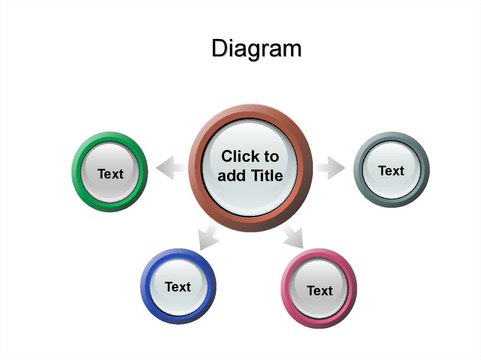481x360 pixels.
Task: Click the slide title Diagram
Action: click(x=257, y=48)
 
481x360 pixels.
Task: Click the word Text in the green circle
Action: click(x=110, y=174)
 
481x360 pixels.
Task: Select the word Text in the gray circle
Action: click(x=391, y=171)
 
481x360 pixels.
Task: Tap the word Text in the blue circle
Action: click(x=178, y=287)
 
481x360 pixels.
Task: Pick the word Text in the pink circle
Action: click(x=319, y=291)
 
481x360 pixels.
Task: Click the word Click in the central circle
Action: click(x=240, y=156)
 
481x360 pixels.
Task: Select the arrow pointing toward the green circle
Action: click(x=171, y=168)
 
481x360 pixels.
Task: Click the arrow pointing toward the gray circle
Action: click(x=329, y=168)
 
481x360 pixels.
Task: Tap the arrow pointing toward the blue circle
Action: click(x=208, y=237)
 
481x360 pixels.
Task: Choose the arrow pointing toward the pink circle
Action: click(x=293, y=236)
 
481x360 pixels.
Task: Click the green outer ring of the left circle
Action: click(x=77, y=172)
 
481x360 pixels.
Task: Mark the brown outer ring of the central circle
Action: click(x=195, y=168)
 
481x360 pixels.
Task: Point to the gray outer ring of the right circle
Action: click(x=358, y=169)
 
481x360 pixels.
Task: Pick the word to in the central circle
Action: click(x=272, y=157)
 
